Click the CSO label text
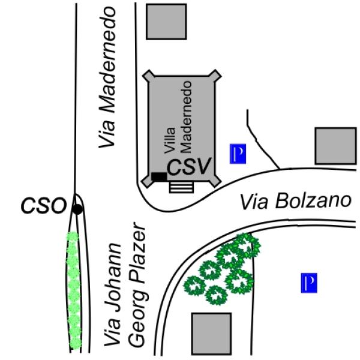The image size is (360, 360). [x=44, y=206]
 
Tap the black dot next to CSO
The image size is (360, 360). [x=77, y=209]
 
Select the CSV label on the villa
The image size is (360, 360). [x=189, y=167]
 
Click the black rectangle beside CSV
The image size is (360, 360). [x=159, y=176]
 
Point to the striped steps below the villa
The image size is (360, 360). [x=181, y=187]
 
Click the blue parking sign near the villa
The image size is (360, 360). [x=238, y=154]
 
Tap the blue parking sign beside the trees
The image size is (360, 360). [x=309, y=283]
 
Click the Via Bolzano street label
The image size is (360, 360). [x=296, y=202]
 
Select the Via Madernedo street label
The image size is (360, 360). [x=107, y=77]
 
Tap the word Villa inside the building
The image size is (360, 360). [x=170, y=140]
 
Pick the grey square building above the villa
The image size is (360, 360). [x=166, y=22]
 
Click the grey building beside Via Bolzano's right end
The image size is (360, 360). [x=335, y=146]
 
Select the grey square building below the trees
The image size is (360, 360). [x=211, y=334]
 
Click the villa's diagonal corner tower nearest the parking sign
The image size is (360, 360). [x=215, y=181]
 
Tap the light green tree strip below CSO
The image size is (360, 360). [x=74, y=290]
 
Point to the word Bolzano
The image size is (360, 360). [x=313, y=201]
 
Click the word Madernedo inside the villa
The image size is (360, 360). [x=186, y=117]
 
